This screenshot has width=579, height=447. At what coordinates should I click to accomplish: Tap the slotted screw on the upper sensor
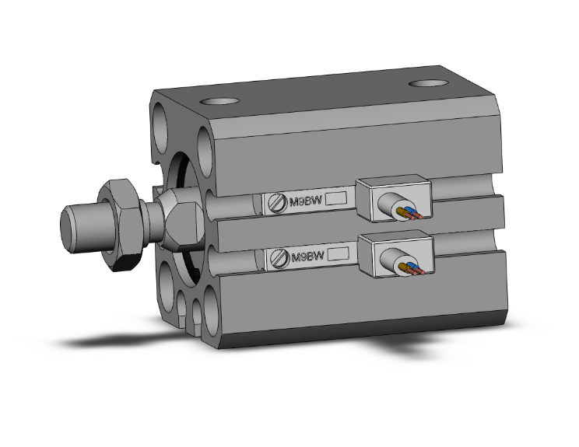pyautogui.click(x=277, y=202)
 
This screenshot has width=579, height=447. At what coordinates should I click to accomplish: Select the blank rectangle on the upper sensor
pyautogui.click(x=335, y=199)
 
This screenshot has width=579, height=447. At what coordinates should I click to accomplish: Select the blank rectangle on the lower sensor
pyautogui.click(x=335, y=253)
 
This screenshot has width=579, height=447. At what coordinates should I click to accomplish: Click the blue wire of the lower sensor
pyautogui.click(x=411, y=268)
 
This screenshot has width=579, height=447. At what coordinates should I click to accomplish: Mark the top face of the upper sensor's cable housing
pyautogui.click(x=395, y=180)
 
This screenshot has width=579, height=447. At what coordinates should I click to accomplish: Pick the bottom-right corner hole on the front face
pyautogui.click(x=211, y=315)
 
